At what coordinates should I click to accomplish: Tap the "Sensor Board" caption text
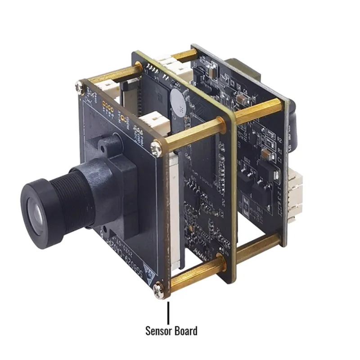click(171, 331)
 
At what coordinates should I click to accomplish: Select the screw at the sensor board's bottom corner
click(158, 288)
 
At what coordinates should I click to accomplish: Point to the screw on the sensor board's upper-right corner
click(156, 146)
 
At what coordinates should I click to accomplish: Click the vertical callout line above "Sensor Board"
click(169, 310)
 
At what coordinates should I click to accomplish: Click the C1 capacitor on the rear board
click(266, 154)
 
